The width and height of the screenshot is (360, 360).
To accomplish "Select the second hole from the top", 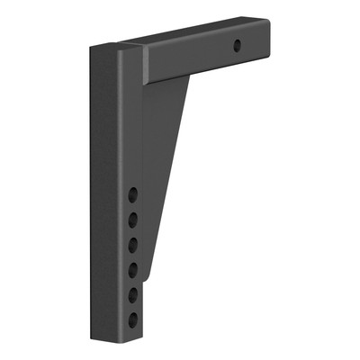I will pos(132,219).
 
